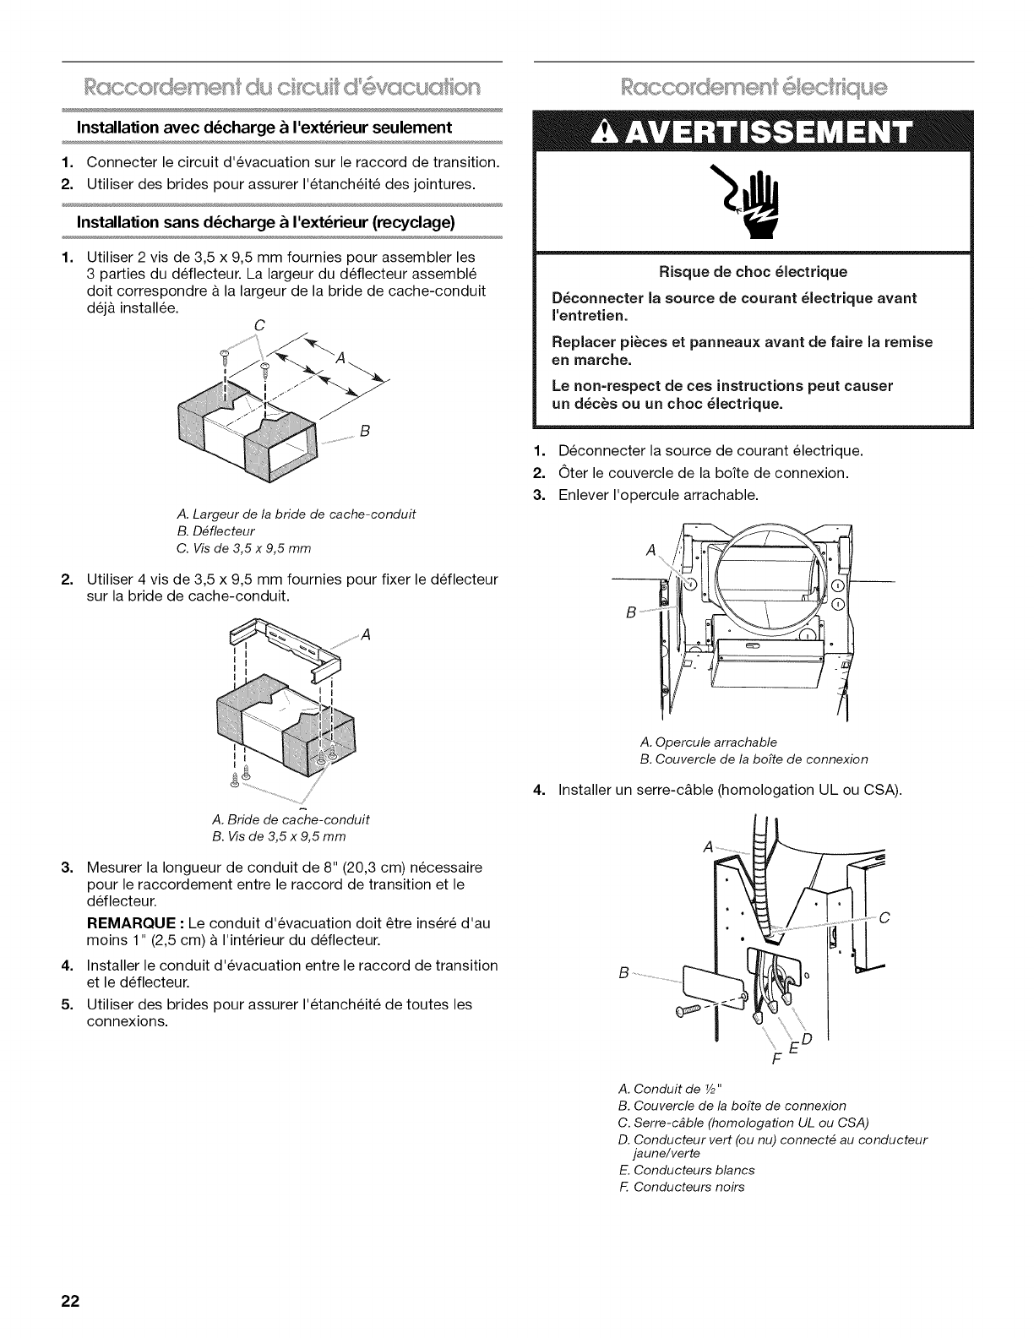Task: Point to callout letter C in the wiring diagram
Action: (884, 919)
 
